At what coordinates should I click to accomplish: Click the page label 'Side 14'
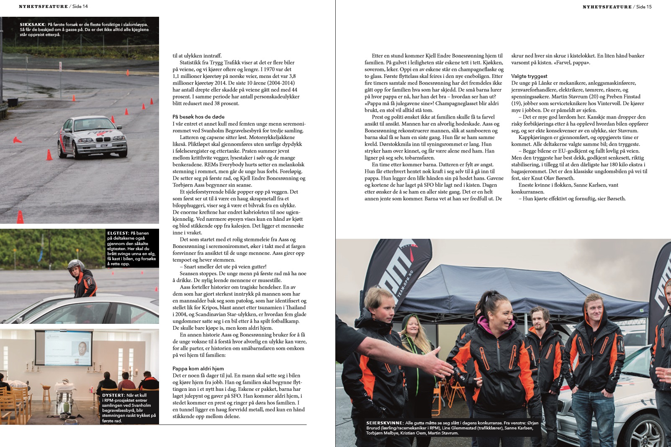(80, 6)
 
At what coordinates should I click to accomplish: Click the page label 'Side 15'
(644, 7)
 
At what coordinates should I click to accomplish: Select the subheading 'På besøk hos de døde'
(198, 117)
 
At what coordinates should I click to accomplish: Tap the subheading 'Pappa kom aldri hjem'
(198, 369)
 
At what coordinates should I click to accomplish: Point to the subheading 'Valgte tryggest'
(529, 76)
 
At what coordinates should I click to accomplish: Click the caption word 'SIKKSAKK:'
(33, 25)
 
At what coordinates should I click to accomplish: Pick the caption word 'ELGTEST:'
(118, 233)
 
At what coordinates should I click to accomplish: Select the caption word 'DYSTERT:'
(113, 395)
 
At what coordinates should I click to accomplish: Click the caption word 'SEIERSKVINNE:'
(385, 423)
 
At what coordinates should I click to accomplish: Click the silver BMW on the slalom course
(92, 136)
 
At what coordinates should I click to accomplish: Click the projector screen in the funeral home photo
(63, 349)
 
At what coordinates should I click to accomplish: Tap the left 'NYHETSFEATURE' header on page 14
(43, 6)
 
